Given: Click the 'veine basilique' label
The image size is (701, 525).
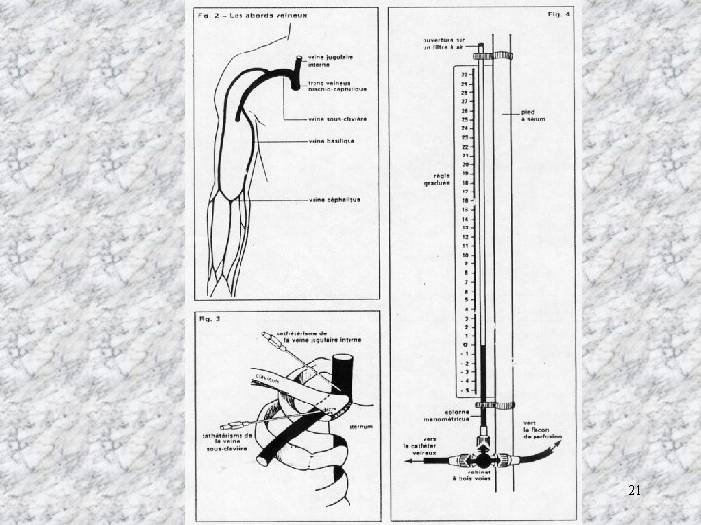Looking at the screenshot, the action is pyautogui.click(x=329, y=141).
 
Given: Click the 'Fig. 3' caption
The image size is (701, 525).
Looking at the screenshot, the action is pyautogui.click(x=207, y=318).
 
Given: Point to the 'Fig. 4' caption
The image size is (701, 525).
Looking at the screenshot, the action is pyautogui.click(x=558, y=16).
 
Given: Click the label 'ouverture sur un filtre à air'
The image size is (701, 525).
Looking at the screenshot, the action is pyautogui.click(x=443, y=44).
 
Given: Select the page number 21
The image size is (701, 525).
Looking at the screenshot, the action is pyautogui.click(x=634, y=492).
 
